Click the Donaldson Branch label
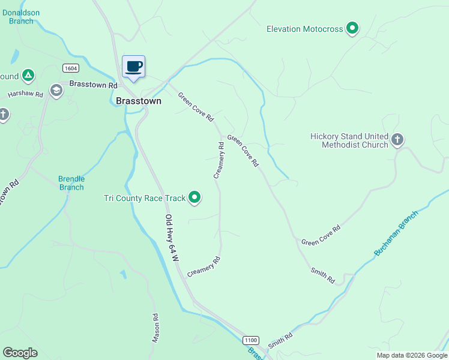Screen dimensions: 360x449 [x=22, y=16]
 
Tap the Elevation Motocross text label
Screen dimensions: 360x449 [x=304, y=29]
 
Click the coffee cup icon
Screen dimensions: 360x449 [x=133, y=66]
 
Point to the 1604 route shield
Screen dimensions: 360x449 [x=71, y=68]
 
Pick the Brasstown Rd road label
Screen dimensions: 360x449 [x=93, y=85]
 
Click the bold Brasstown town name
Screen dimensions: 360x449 [x=139, y=101]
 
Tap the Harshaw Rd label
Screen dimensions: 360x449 [x=25, y=95]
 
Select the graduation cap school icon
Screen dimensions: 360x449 [x=56, y=91]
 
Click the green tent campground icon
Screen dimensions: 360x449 [x=27, y=76]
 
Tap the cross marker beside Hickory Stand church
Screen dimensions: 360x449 [x=397, y=140]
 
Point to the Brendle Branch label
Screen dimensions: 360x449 [x=71, y=183]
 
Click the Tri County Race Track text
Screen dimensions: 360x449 [x=143, y=197]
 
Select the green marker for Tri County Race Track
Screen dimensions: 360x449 [x=194, y=197]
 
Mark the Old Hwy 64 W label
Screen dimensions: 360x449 [x=172, y=238]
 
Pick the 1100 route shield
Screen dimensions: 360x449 [x=251, y=340]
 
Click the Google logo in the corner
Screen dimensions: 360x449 [x=20, y=353]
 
